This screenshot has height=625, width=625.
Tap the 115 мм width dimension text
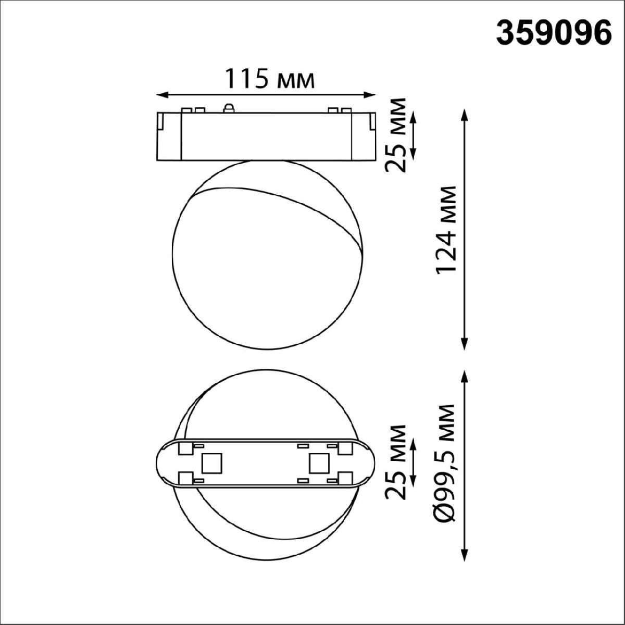pos(269,80)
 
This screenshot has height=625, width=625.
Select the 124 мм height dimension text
pos(447,229)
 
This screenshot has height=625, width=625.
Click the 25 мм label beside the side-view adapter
pos(396,134)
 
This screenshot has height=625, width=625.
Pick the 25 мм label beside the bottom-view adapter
pos(396,462)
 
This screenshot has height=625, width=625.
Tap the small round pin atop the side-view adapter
pos(227,108)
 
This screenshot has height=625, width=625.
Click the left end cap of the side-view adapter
pos(169,135)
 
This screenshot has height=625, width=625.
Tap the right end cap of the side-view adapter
pos(363,135)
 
